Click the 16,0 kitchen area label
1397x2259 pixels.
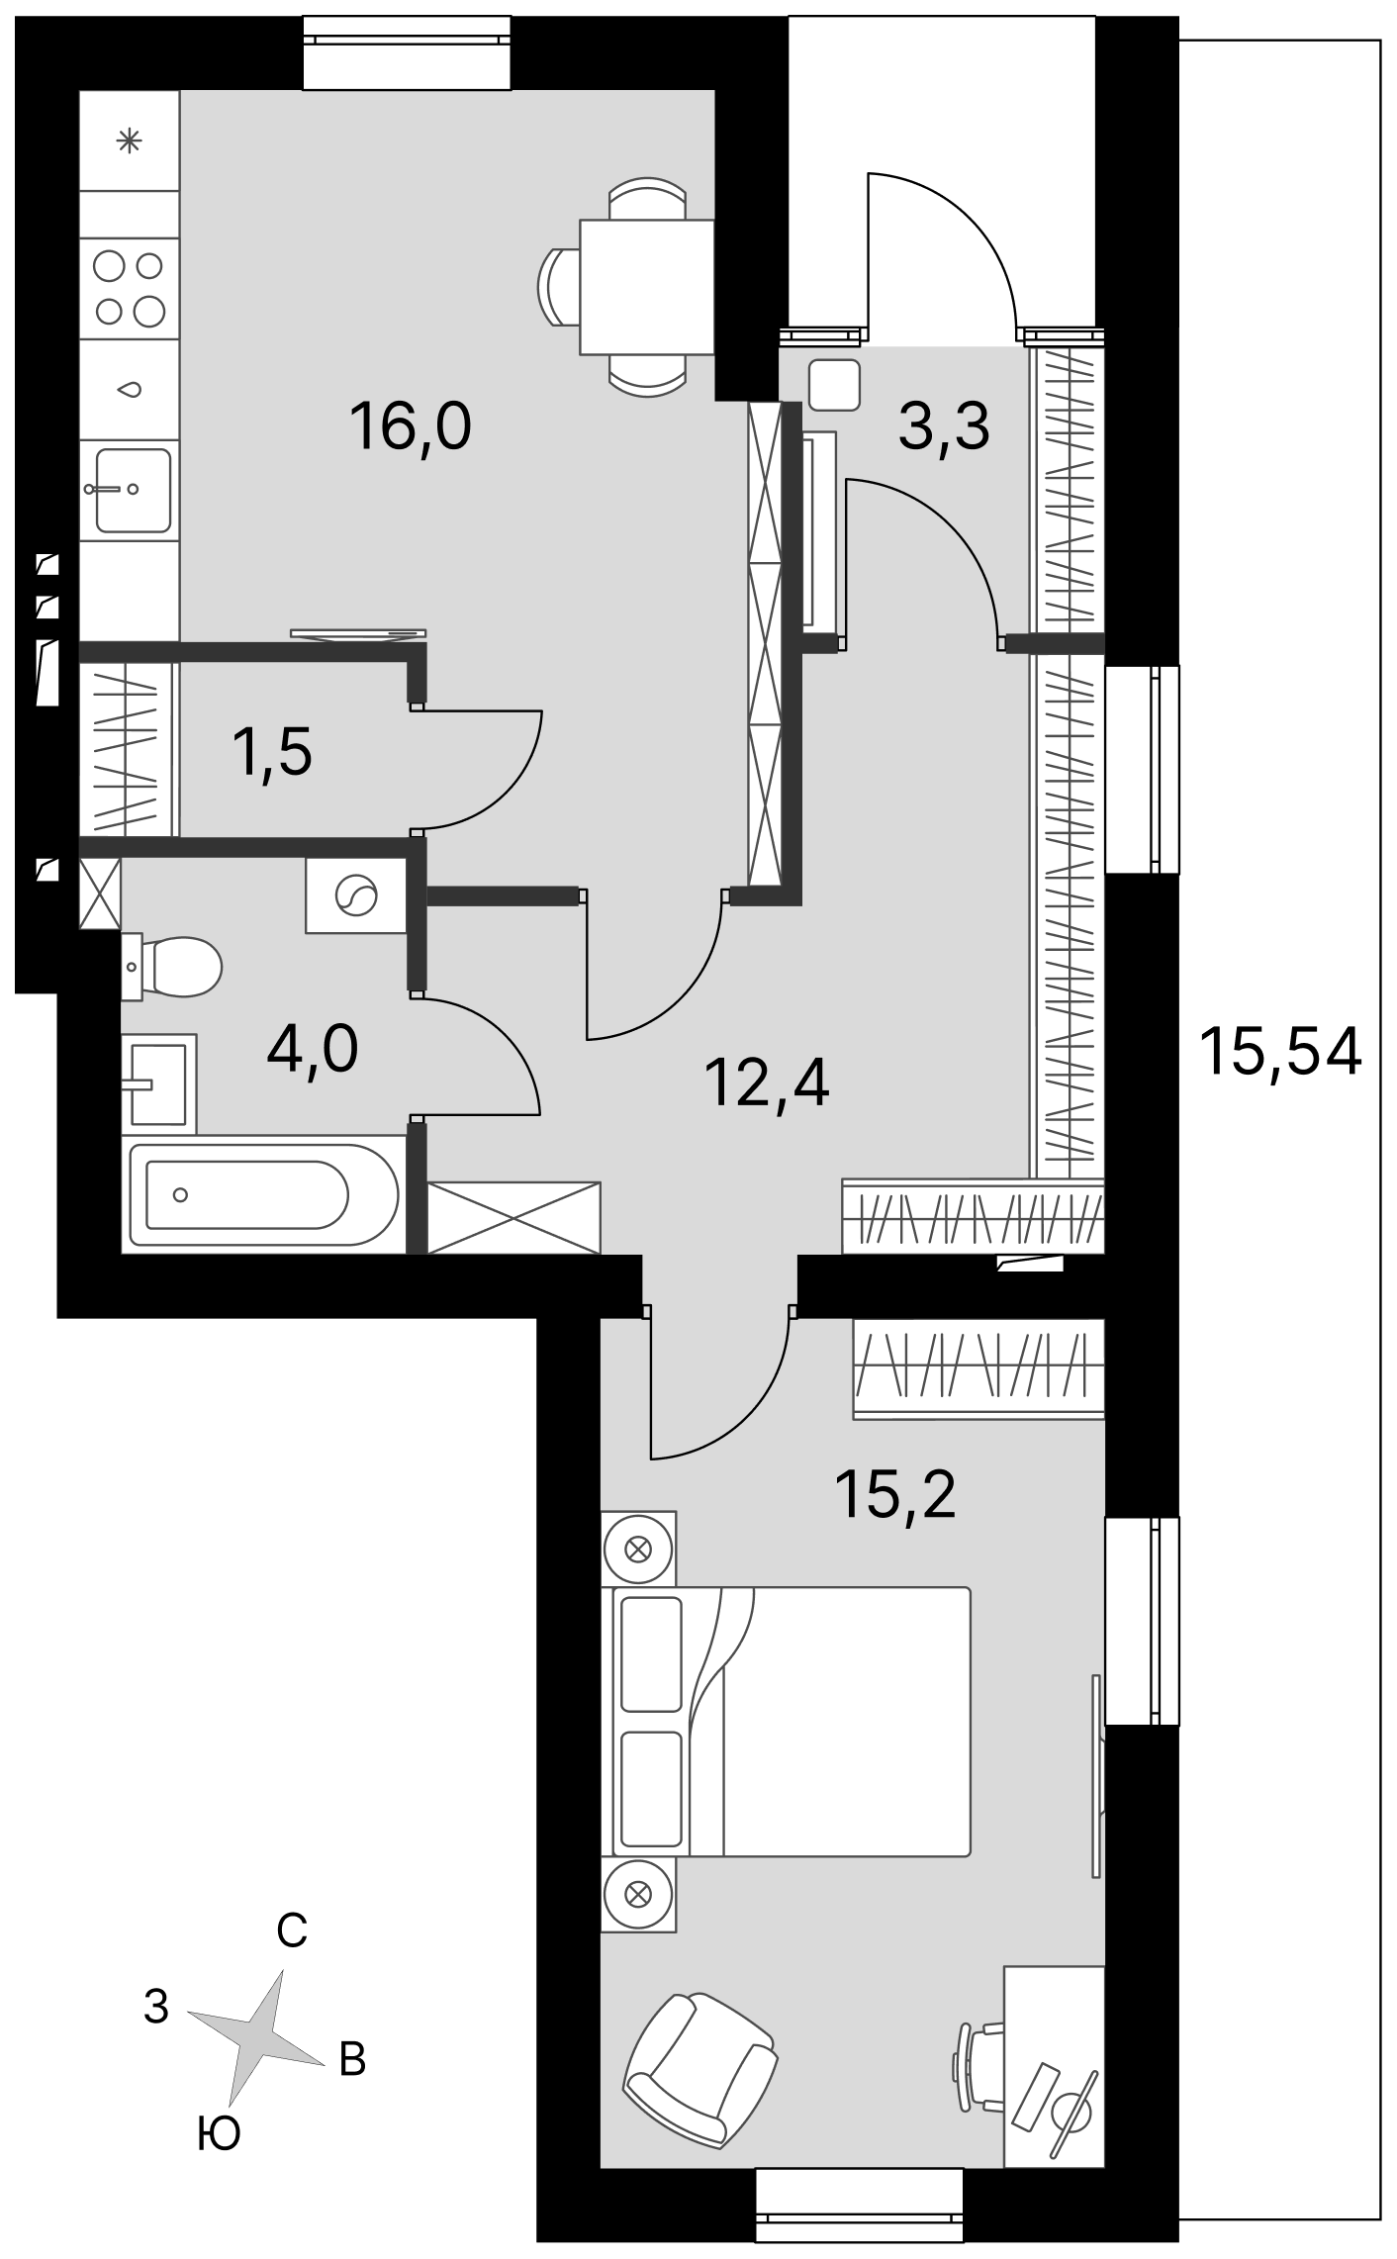[410, 428]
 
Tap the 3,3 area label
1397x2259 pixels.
[944, 428]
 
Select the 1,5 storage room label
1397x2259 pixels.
[272, 752]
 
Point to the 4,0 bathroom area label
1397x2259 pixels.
[313, 1049]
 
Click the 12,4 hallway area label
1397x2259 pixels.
[767, 1083]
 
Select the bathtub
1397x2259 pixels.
[262, 1193]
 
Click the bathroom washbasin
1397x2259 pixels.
[158, 1083]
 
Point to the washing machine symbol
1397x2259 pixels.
[356, 895]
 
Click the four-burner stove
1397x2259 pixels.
[130, 288]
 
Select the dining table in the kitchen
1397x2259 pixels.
[647, 287]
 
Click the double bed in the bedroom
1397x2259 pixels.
[786, 1721]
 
